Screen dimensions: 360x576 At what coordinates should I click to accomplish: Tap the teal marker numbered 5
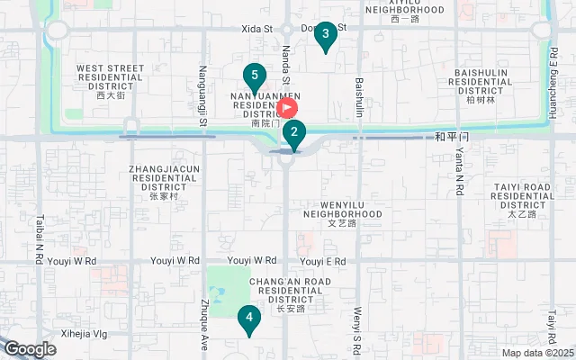(x=256, y=76)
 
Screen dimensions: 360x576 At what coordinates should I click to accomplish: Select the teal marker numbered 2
(x=293, y=133)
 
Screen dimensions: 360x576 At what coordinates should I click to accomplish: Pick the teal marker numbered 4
(x=248, y=318)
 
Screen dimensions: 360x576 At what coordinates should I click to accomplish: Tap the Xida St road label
(x=257, y=29)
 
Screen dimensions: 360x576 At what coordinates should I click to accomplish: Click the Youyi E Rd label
(x=322, y=262)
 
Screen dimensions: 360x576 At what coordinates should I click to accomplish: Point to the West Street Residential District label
(x=111, y=79)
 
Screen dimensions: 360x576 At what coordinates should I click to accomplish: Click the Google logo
(x=31, y=348)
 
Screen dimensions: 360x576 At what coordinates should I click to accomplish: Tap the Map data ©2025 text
(x=536, y=353)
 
